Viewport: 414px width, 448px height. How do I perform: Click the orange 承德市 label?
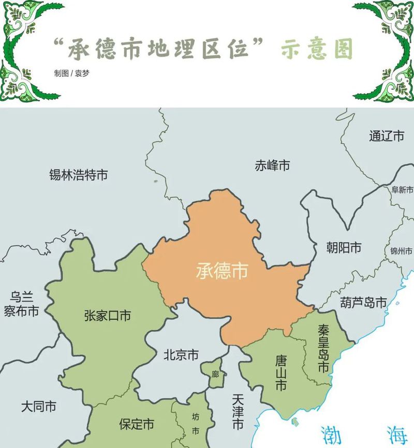coord(221,270)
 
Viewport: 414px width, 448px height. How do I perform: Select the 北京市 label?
coord(181,355)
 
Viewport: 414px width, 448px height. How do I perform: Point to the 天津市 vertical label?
coord(238,412)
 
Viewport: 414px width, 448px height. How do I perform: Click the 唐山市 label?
coord(280,373)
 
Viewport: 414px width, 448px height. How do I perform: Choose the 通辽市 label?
coord(387,136)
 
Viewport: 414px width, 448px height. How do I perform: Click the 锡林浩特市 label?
coord(78,175)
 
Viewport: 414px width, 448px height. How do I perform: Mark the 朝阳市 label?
coord(344,248)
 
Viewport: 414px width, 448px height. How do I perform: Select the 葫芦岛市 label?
coord(363,302)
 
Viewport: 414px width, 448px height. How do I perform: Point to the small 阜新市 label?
coord(402,190)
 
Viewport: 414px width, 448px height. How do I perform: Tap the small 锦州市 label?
coord(400,251)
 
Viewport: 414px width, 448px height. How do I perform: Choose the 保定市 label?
coord(137,424)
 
